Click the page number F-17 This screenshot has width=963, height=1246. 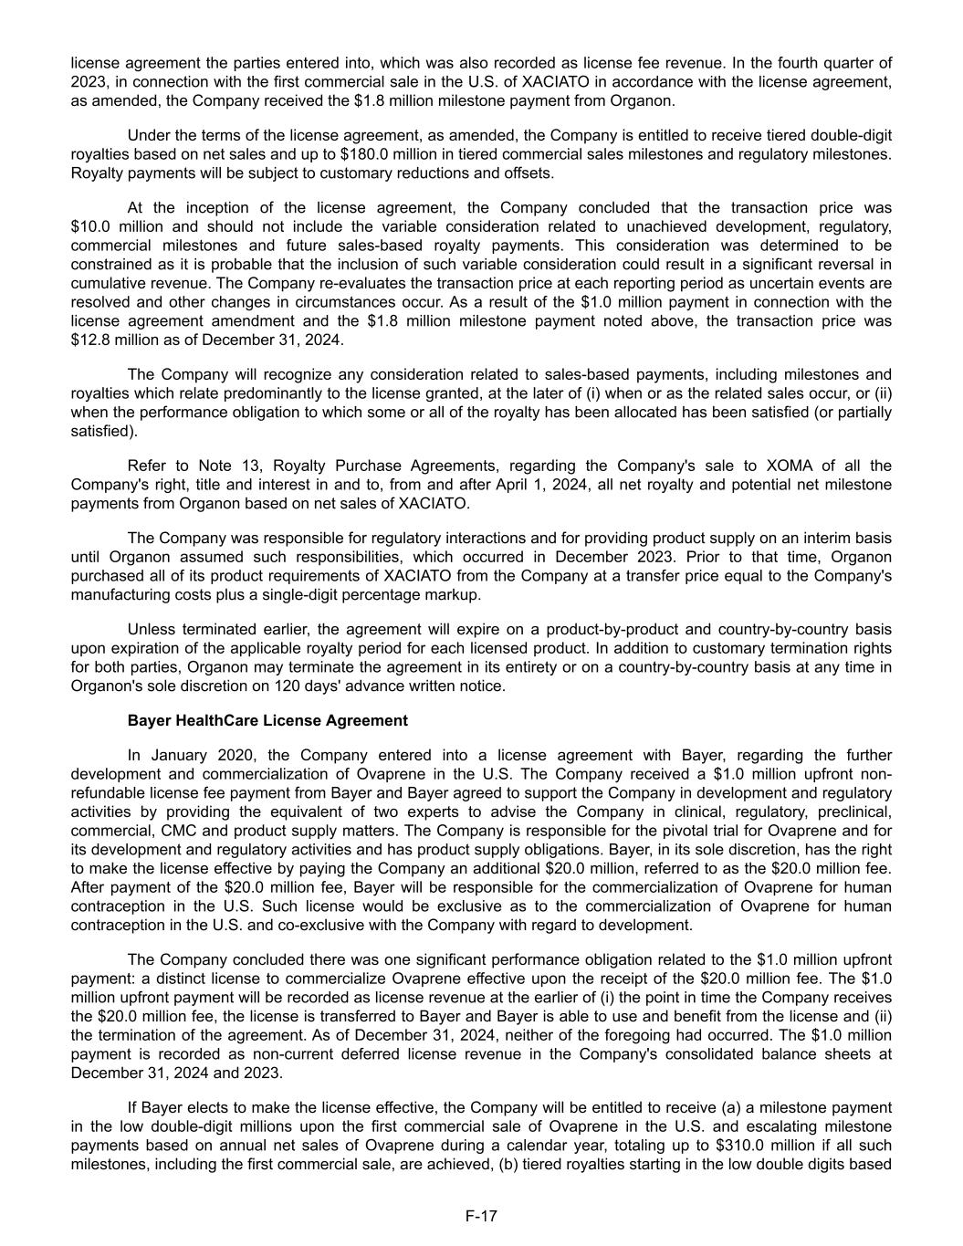coord(481,1215)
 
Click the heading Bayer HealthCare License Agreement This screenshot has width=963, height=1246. coord(267,720)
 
